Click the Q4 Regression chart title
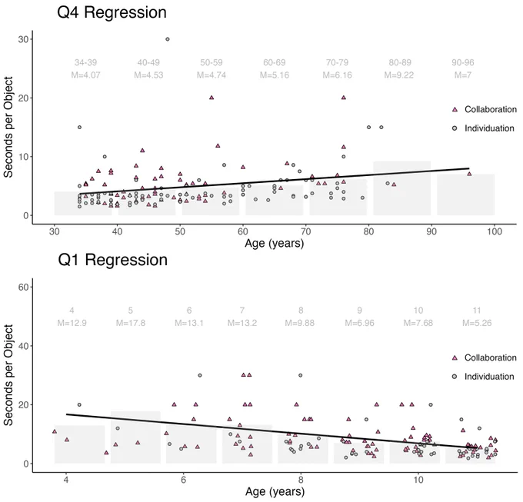click(112, 12)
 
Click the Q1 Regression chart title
click(113, 260)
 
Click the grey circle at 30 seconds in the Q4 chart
click(168, 39)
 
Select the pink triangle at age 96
click(469, 174)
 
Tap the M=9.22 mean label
click(399, 75)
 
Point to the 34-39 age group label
click(85, 62)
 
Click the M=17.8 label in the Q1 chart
click(131, 323)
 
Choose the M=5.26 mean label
click(477, 323)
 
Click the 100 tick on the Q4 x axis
click(495, 231)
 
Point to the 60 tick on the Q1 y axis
click(23, 287)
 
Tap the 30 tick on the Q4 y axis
click(23, 39)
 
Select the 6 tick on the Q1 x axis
click(184, 480)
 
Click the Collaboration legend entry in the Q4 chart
click(485, 109)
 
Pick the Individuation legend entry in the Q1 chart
click(483, 377)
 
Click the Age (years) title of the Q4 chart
click(274, 244)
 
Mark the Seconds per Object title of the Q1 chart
click(8, 375)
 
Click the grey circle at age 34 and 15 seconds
click(79, 127)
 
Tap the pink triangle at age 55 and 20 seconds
click(212, 98)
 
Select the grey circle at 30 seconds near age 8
click(301, 375)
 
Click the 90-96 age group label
click(463, 62)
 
